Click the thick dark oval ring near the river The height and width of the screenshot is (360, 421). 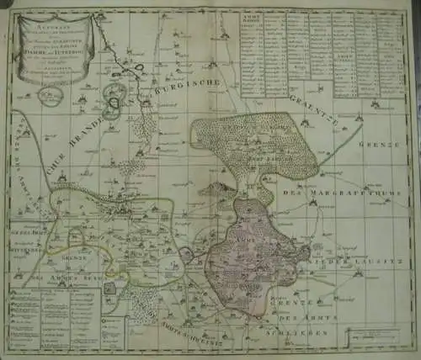113,103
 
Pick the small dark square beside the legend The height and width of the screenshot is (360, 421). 109,289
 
